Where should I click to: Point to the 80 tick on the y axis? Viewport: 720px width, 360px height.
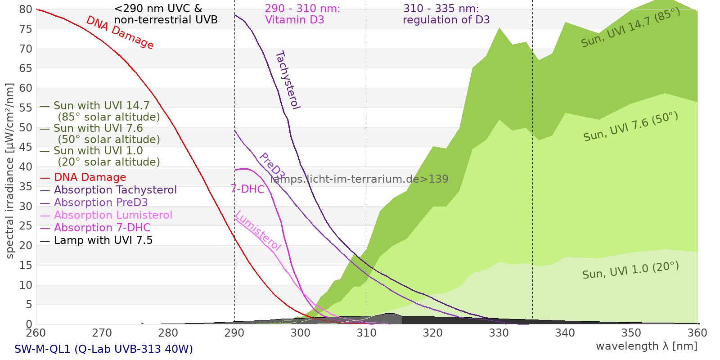tap(26, 9)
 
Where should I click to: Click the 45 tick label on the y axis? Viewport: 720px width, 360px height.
tap(26, 147)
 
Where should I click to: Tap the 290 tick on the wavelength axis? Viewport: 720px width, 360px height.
tap(234, 333)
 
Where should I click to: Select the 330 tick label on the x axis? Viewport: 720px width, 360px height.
tap(499, 333)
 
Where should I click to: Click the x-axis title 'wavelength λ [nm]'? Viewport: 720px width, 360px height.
tap(646, 346)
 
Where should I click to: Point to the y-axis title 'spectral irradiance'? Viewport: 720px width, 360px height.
tap(10, 171)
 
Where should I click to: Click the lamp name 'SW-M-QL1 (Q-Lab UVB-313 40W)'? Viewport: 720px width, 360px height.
tap(103, 349)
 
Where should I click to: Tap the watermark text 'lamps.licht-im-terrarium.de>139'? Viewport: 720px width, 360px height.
tap(359, 179)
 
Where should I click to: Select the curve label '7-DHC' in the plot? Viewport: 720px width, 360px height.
tap(247, 189)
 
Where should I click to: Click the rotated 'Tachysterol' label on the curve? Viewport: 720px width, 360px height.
tap(288, 80)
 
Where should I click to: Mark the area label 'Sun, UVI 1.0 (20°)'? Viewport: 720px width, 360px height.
tap(630, 270)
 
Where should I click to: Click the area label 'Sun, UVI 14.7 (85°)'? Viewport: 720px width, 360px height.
tap(630, 28)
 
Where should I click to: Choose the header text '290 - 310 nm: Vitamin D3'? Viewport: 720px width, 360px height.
tap(302, 14)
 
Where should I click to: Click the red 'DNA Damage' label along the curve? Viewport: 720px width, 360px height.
tap(120, 32)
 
